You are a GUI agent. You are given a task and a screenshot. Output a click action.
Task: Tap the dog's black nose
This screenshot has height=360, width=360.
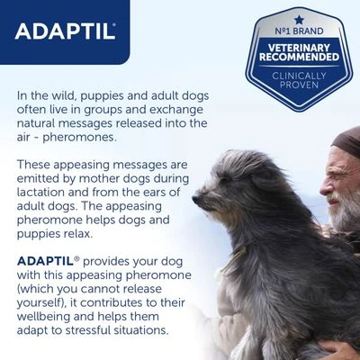tap(196, 192)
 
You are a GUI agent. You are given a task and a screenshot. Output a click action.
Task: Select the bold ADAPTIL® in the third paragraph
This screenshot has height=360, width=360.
tap(45, 259)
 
